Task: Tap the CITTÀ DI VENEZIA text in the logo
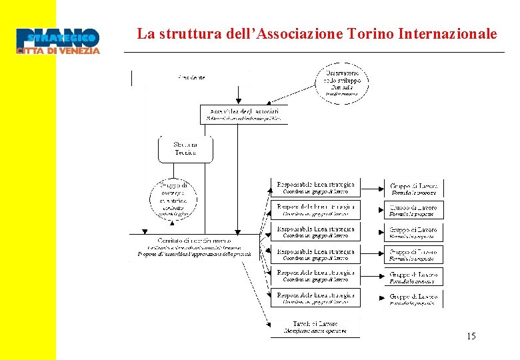[58, 51]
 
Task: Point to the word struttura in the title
[180, 33]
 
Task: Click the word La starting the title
[144, 33]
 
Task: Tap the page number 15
[471, 337]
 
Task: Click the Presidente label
[191, 78]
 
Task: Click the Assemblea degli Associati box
[245, 114]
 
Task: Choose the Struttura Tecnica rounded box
[185, 149]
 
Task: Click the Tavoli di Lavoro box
[315, 327]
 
